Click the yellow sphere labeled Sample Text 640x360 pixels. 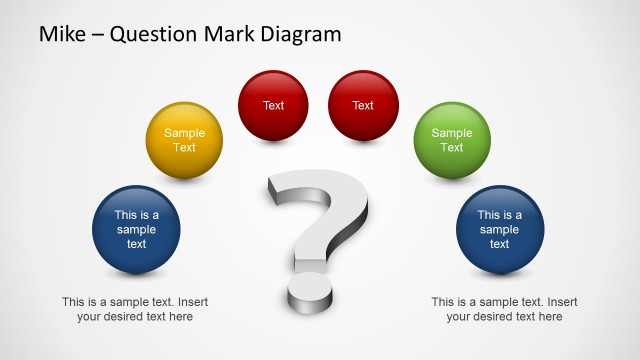click(x=184, y=140)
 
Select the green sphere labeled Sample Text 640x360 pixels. click(x=452, y=140)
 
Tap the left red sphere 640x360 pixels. click(x=273, y=106)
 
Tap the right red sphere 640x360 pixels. click(x=363, y=106)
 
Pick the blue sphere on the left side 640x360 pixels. click(x=136, y=229)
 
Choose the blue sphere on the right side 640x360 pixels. click(x=499, y=229)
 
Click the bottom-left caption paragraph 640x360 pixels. click(x=135, y=309)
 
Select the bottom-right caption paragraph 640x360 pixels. click(x=504, y=309)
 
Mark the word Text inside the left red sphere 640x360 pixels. click(x=273, y=106)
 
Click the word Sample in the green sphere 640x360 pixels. click(x=452, y=133)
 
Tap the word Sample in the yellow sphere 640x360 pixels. click(x=184, y=133)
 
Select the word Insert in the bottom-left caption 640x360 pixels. click(x=191, y=302)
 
